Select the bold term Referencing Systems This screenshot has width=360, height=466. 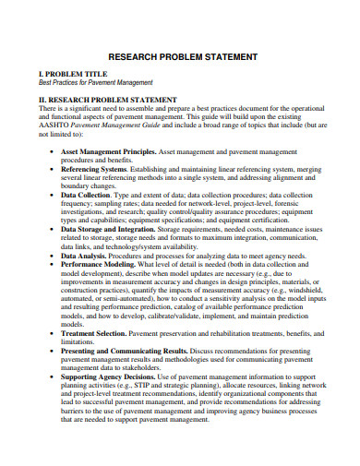93,171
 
